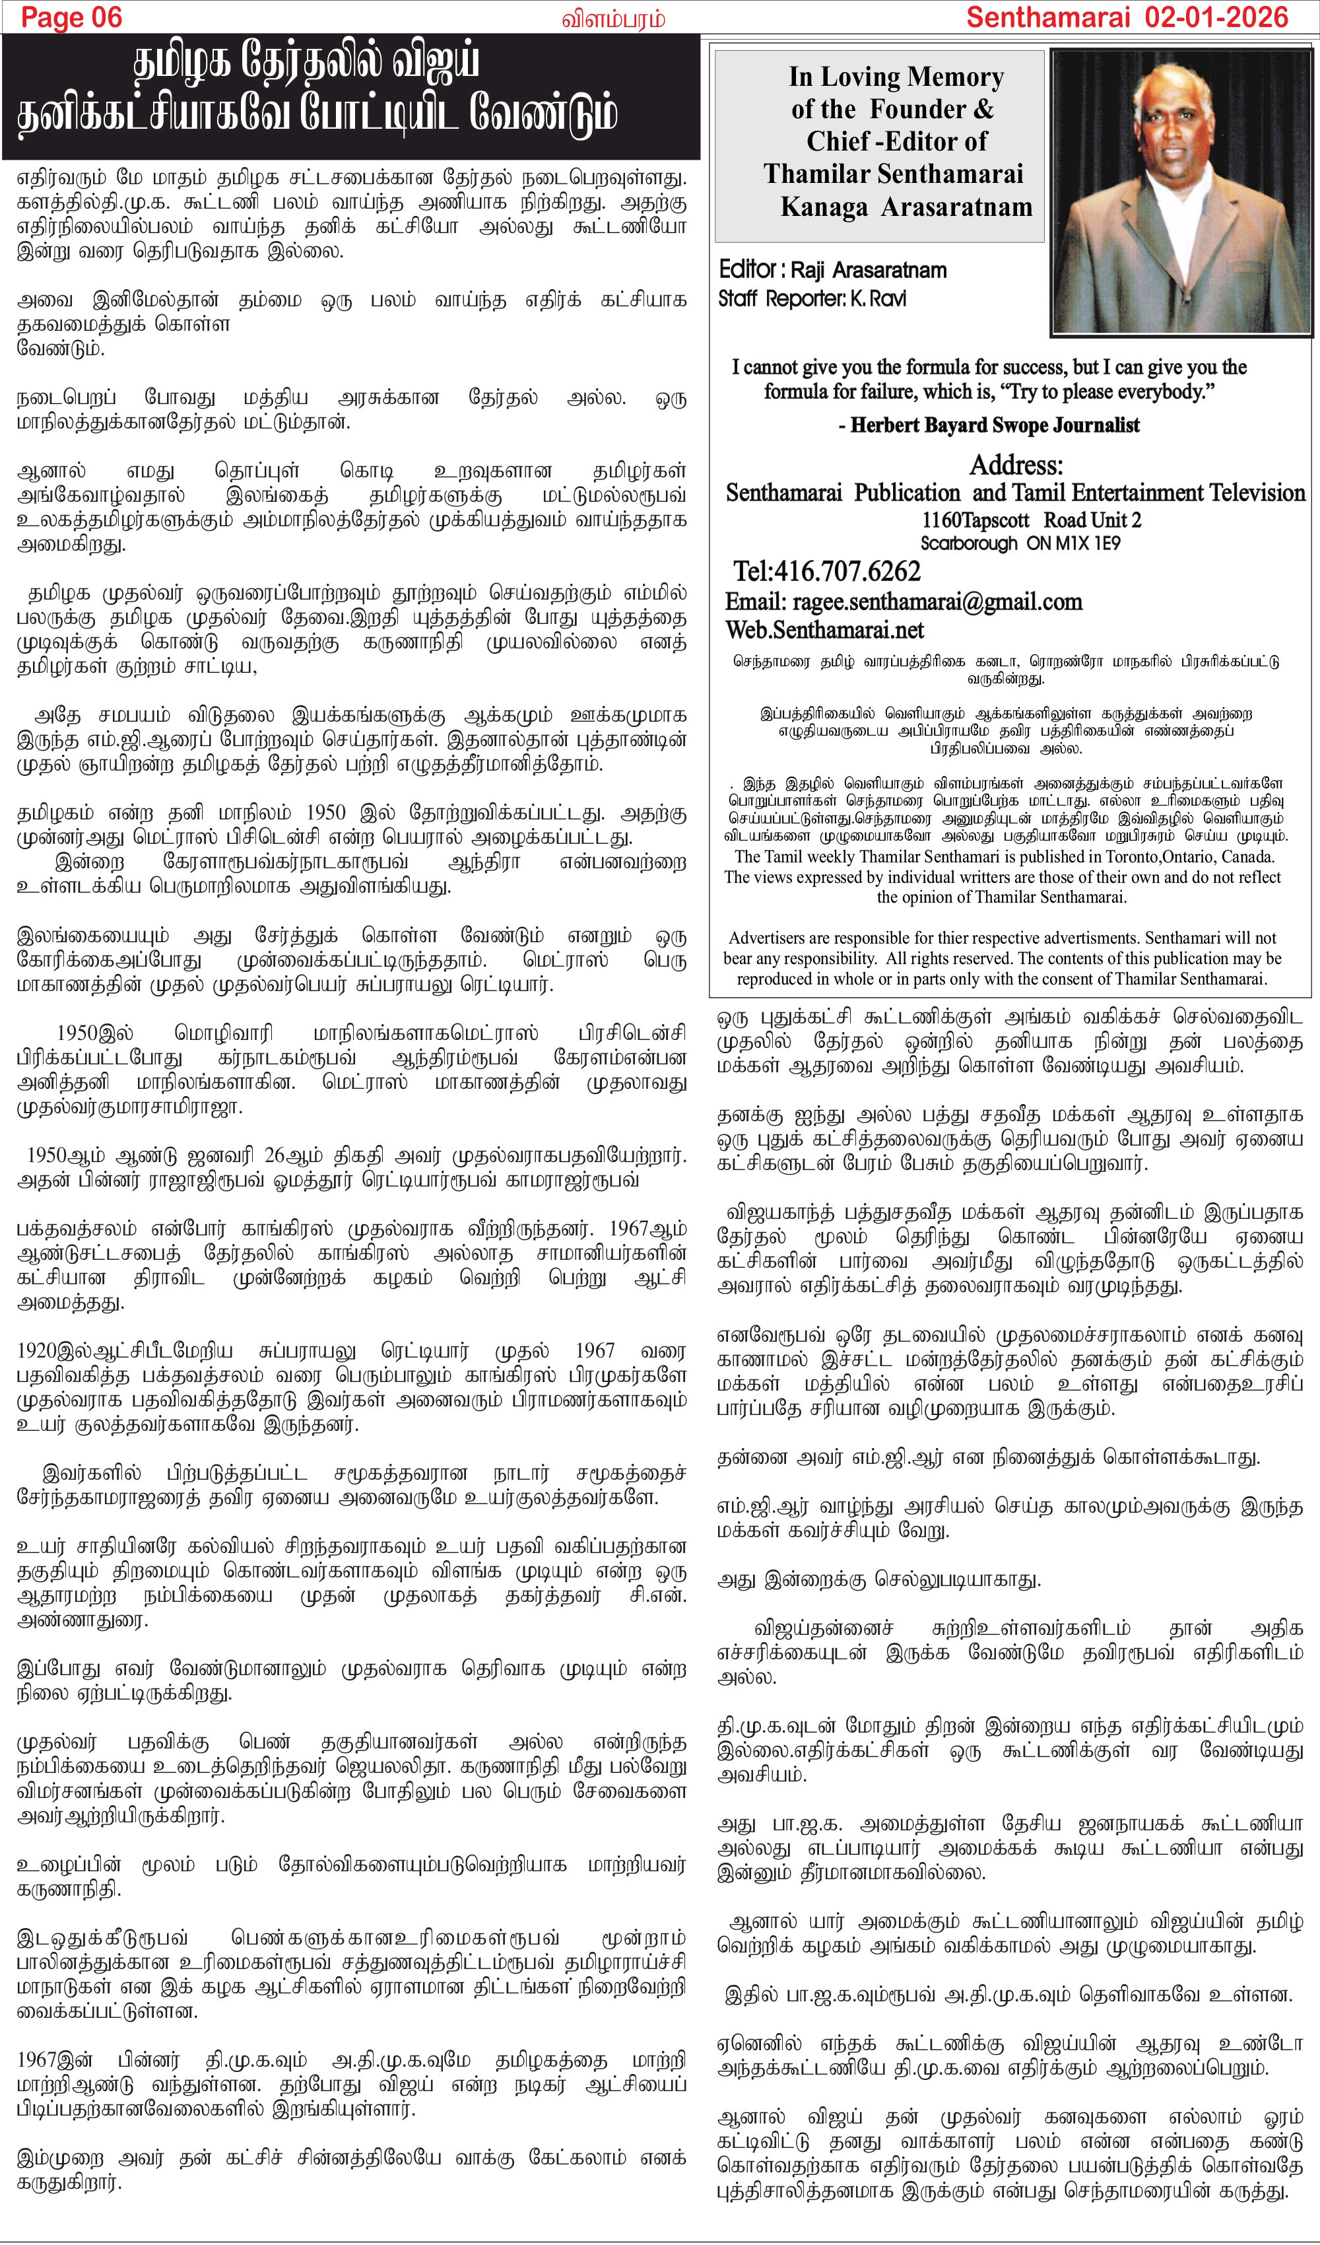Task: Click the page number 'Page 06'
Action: point(71,17)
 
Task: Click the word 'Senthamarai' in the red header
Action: point(1047,17)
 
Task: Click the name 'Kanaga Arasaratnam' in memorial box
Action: point(906,207)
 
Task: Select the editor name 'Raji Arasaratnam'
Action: point(869,270)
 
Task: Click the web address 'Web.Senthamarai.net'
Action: point(824,631)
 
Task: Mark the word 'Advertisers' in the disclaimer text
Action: point(770,938)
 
